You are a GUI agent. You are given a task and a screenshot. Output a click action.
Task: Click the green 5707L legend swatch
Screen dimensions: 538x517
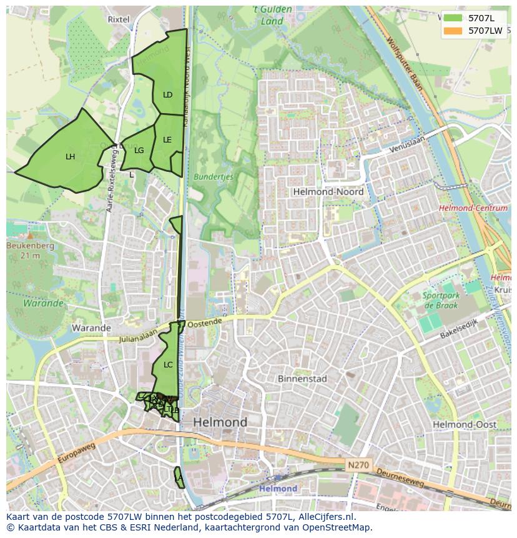(453, 18)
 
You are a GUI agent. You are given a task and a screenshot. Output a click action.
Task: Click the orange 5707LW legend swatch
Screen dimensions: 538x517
(453, 31)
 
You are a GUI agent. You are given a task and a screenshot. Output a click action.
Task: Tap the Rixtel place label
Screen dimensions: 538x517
(119, 19)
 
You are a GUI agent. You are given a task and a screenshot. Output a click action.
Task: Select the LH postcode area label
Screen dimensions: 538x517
(70, 157)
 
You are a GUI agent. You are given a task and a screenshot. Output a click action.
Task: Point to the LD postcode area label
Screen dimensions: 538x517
(167, 95)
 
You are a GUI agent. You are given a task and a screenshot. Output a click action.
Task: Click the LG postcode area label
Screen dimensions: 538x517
(139, 151)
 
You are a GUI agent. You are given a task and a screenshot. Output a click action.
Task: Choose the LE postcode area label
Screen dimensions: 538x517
(167, 140)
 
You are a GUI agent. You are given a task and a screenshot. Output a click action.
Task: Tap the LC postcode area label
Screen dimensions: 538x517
(167, 364)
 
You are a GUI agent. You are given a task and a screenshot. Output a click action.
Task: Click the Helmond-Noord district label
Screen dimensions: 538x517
(328, 192)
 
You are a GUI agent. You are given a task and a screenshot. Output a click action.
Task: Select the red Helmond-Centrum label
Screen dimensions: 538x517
(473, 208)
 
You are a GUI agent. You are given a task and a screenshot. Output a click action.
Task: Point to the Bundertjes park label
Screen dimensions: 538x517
(213, 177)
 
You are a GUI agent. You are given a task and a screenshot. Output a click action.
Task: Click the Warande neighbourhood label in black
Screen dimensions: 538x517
(91, 327)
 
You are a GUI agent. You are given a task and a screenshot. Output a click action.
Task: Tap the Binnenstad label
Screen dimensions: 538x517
(302, 379)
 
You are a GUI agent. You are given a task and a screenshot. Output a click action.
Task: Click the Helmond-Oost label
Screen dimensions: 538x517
(465, 424)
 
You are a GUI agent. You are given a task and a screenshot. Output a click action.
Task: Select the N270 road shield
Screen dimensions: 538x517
(358, 465)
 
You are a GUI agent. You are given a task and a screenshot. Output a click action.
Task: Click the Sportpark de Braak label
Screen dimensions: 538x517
(441, 300)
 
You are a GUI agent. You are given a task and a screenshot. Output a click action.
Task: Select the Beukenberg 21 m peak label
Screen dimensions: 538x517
(30, 250)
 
